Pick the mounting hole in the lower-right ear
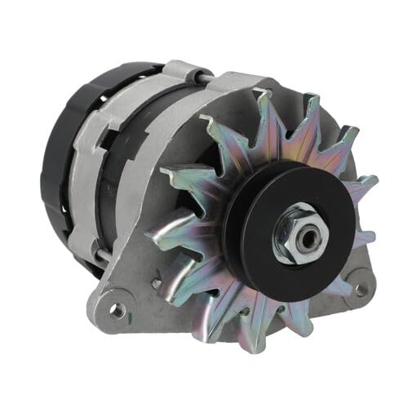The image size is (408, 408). [354, 287]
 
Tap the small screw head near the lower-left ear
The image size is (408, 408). [155, 283]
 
